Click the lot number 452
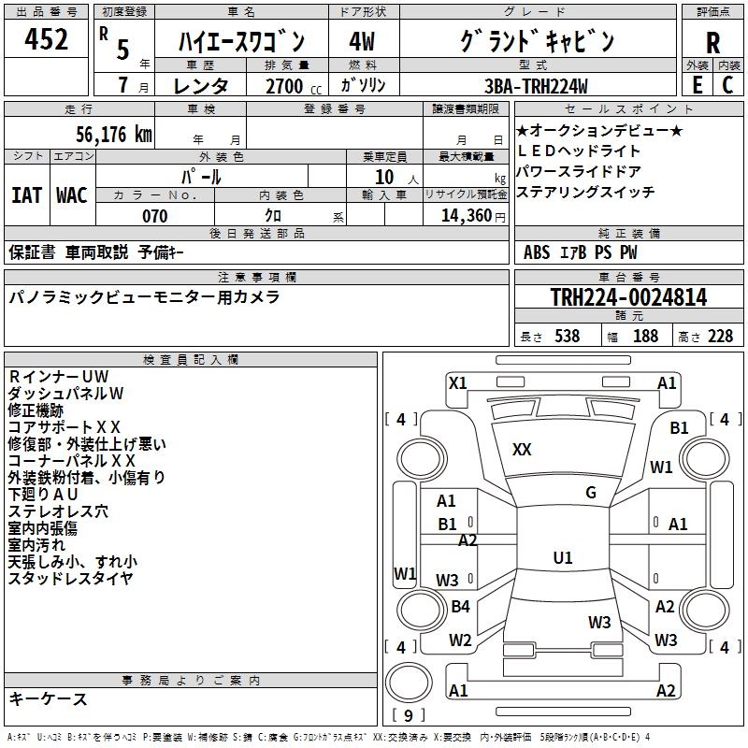tap(47, 40)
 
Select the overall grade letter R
tap(712, 44)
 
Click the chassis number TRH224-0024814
tap(628, 298)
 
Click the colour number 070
tap(154, 216)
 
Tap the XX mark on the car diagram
tap(522, 450)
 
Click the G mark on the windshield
tap(591, 493)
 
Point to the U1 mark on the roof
tap(562, 558)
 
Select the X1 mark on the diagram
tap(457, 382)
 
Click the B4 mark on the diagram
tap(460, 607)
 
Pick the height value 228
tap(720, 337)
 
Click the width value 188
tap(645, 337)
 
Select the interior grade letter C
tap(727, 85)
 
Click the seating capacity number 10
tap(384, 176)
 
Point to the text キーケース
tap(49, 699)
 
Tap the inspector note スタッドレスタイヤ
tap(71, 579)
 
